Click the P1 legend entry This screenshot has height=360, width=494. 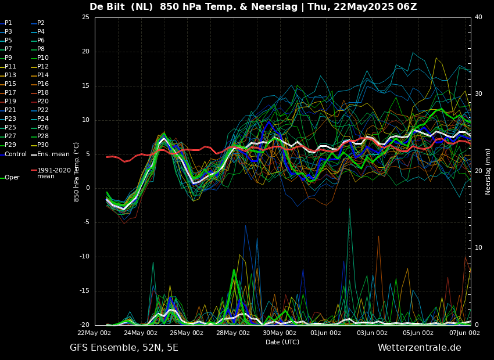pyautogui.click(x=8, y=23)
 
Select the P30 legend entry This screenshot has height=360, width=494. pyautogui.click(x=43, y=145)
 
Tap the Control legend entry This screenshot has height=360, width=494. pyautogui.click(x=15, y=154)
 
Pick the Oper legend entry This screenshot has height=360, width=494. pyautogui.click(x=12, y=178)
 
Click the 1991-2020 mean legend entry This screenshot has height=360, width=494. pyautogui.click(x=53, y=173)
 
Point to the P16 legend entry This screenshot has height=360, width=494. pyautogui.click(x=43, y=84)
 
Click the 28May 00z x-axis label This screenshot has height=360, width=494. pyautogui.click(x=232, y=333)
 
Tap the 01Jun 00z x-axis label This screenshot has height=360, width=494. pyautogui.click(x=325, y=333)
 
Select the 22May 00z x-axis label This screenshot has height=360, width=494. pyautogui.click(x=94, y=333)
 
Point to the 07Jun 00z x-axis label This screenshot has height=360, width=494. pyautogui.click(x=464, y=333)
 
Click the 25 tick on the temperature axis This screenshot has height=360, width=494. pyautogui.click(x=85, y=17)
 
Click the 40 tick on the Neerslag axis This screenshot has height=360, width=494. pyautogui.click(x=478, y=17)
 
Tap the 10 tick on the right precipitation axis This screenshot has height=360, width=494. pyautogui.click(x=478, y=248)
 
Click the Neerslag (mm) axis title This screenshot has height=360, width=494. pyautogui.click(x=488, y=171)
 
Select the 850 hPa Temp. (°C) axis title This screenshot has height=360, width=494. pyautogui.click(x=77, y=171)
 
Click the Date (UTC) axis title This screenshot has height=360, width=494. pyautogui.click(x=282, y=343)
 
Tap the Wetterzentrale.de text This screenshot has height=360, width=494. pyautogui.click(x=419, y=348)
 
